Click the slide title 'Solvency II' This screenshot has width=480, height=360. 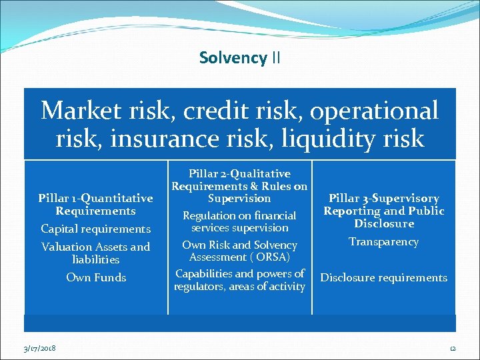(240, 58)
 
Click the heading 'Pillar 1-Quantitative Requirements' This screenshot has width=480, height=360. (96, 205)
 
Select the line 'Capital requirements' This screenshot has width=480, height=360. (96, 229)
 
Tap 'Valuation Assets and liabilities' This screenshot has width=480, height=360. (96, 253)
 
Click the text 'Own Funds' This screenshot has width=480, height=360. (96, 277)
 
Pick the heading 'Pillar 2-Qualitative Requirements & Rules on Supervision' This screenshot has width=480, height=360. (239, 186)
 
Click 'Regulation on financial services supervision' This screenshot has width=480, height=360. (239, 222)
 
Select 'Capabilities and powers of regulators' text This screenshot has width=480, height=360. (239, 280)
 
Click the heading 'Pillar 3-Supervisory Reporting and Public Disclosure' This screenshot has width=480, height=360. (384, 211)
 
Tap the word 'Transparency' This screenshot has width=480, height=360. (384, 242)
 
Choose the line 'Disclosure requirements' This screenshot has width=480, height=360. (384, 278)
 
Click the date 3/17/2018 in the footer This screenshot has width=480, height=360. (40, 348)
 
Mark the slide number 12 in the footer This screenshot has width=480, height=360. (451, 348)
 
